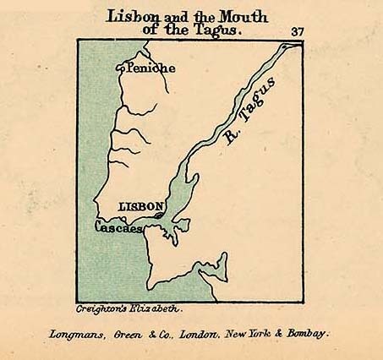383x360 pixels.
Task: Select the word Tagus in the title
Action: [218, 30]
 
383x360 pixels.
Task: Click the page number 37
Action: [297, 31]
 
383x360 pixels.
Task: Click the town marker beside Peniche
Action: [119, 68]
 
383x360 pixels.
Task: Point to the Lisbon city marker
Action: [158, 215]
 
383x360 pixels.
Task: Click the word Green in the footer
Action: [129, 333]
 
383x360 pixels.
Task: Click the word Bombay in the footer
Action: [307, 333]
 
